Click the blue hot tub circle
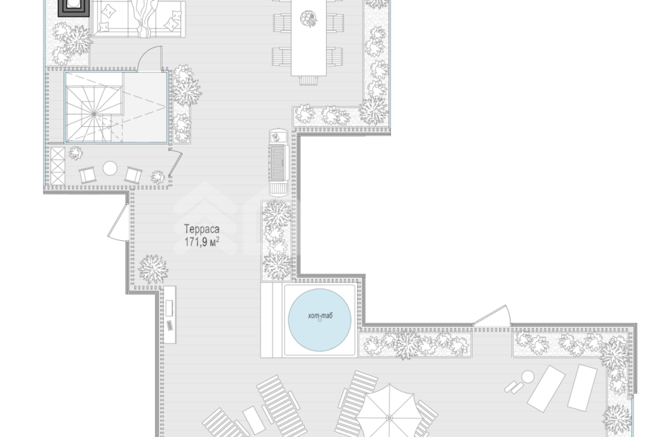(x=320, y=320)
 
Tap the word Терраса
(x=202, y=229)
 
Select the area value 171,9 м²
(x=202, y=242)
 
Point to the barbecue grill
(x=279, y=162)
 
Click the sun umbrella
(x=390, y=412)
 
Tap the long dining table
(x=309, y=37)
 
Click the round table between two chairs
(x=110, y=169)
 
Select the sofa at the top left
(x=139, y=19)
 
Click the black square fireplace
(x=74, y=7)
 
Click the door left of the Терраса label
(x=118, y=223)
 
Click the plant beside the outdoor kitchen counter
(x=153, y=269)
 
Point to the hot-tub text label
(x=320, y=316)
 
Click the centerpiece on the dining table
(x=308, y=18)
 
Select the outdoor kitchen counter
(x=169, y=314)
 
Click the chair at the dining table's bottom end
(x=309, y=80)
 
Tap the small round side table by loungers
(x=528, y=377)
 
